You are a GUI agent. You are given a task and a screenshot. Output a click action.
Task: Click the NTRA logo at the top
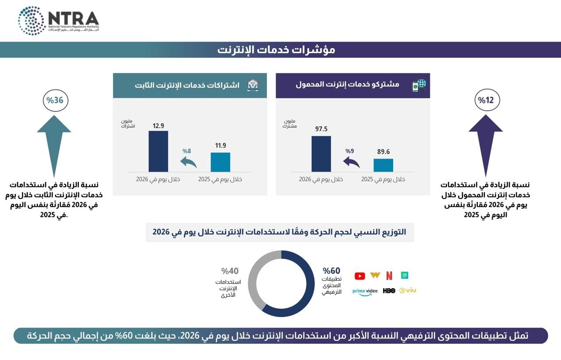tap(58, 21)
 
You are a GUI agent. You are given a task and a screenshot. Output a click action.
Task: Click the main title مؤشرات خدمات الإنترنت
tap(276, 50)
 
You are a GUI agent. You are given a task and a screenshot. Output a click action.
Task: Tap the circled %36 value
tap(55, 100)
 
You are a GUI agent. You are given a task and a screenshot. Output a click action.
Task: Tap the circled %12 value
tap(487, 100)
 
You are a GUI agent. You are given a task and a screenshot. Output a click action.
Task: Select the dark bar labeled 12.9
tap(158, 151)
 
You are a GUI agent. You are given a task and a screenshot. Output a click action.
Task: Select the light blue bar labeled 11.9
tap(220, 162)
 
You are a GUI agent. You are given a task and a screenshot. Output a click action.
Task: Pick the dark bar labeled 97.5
tap(321, 153)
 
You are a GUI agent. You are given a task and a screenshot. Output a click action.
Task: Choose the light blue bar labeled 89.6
tap(383, 165)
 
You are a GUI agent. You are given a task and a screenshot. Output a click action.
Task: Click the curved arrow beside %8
tap(189, 162)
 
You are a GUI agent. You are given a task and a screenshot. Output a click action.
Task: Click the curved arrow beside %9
tap(352, 162)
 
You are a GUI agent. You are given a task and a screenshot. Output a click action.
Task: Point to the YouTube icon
tap(360, 276)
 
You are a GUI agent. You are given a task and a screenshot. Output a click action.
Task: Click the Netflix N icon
tap(389, 276)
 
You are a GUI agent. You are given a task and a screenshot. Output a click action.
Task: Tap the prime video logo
tap(365, 292)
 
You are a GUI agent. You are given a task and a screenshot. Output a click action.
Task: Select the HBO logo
tap(389, 290)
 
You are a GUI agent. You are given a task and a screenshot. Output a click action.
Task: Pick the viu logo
tap(408, 290)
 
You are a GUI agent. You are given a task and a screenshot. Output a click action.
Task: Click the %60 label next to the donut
tap(331, 271)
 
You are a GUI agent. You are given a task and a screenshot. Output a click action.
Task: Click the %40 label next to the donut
tap(230, 271)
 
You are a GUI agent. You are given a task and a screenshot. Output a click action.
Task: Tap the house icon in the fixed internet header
tap(253, 85)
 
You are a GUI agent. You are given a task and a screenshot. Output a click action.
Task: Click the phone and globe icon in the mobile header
tap(419, 85)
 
